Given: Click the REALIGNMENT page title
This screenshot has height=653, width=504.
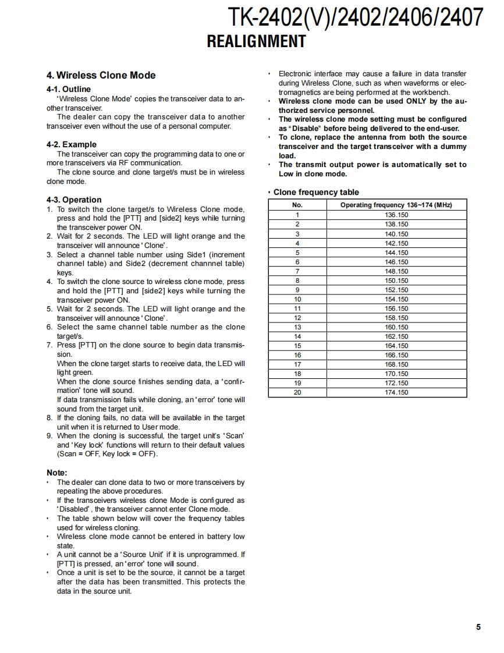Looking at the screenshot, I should click(x=256, y=41).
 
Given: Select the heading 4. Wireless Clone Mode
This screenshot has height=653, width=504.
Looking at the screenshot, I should click(x=101, y=75).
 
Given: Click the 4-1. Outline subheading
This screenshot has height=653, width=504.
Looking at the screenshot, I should click(x=68, y=89).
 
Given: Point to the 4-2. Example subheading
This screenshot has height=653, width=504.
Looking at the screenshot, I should click(x=71, y=144).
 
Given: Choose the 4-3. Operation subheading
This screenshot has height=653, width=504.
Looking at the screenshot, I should click(x=73, y=200).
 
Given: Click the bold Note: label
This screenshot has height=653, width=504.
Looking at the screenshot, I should click(x=56, y=473).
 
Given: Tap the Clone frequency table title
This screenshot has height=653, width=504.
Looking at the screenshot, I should click(x=316, y=192).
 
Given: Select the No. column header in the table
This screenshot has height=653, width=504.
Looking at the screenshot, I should click(x=297, y=205).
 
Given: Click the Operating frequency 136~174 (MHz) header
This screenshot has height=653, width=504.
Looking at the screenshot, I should click(x=396, y=205).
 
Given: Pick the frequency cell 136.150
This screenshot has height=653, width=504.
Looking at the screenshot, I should click(x=396, y=215).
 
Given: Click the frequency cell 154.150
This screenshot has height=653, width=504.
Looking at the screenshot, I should click(x=396, y=299).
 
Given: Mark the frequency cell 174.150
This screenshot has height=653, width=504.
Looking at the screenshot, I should click(x=396, y=392).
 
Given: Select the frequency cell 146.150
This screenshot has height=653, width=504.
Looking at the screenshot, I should click(x=396, y=262).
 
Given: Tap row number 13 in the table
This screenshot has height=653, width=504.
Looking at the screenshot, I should click(x=297, y=327).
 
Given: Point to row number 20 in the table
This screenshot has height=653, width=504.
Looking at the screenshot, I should click(x=297, y=392).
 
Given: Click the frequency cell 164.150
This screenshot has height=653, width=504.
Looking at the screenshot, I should click(x=396, y=346).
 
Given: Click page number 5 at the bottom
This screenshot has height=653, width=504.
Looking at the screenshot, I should click(x=478, y=627).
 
